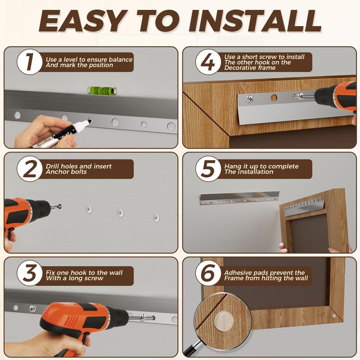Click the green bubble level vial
tap(102, 90)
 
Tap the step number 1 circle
tap(29, 62)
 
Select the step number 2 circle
tap(29, 169)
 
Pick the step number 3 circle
tap(29, 273)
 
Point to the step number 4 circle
tap(208, 62)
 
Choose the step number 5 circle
tap(208, 169)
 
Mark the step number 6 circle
tap(208, 273)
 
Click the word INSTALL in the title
tap(255, 21)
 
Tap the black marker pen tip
tap(89, 121)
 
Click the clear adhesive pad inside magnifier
tap(224, 319)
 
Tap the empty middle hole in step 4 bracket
tap(274, 98)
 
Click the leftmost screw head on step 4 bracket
tap(250, 99)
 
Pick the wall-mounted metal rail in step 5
tap(240, 198)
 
